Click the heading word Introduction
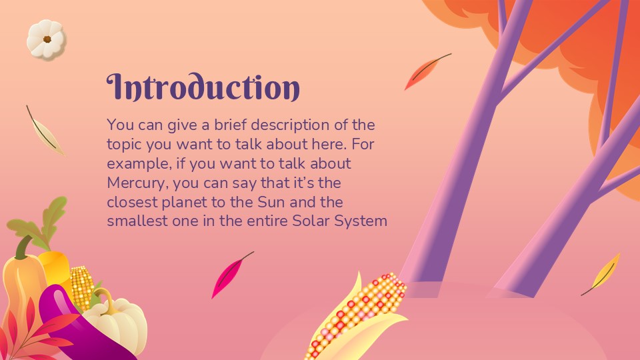(x=203, y=88)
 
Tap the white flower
(x=46, y=39)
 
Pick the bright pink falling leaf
(x=227, y=275)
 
